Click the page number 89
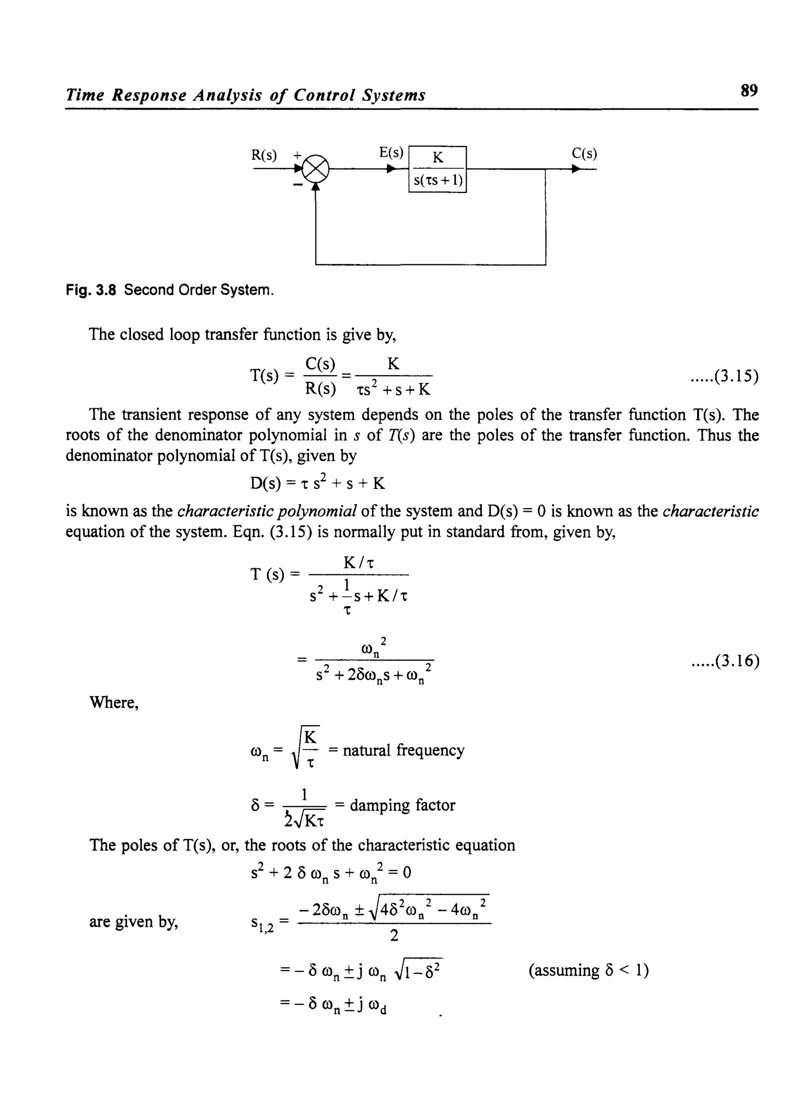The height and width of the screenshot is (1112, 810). click(749, 91)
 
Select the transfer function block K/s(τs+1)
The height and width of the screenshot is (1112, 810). click(437, 169)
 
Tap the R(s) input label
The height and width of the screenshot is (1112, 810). click(264, 156)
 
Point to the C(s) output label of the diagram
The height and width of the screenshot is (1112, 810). click(584, 154)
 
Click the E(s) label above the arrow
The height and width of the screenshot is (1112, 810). click(391, 153)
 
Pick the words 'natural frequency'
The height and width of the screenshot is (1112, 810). click(403, 750)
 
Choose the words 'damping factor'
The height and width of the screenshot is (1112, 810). click(402, 805)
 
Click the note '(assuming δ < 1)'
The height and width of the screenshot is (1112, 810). click(589, 970)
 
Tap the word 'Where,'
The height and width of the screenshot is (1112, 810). click(114, 703)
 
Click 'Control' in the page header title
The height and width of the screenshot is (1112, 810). click(324, 95)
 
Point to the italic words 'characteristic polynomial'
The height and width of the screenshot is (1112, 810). click(267, 511)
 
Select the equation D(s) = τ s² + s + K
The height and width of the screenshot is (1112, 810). click(317, 483)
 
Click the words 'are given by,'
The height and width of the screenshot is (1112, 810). click(133, 922)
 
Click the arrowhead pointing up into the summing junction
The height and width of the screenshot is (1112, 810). click(316, 187)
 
